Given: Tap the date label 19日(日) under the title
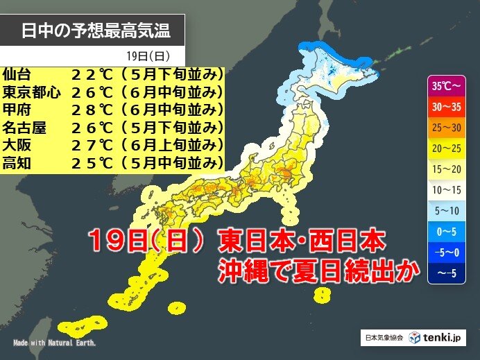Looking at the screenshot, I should point(146,55).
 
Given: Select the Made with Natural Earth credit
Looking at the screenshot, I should point(54,343).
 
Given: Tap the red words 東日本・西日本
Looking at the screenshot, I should point(301,242).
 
